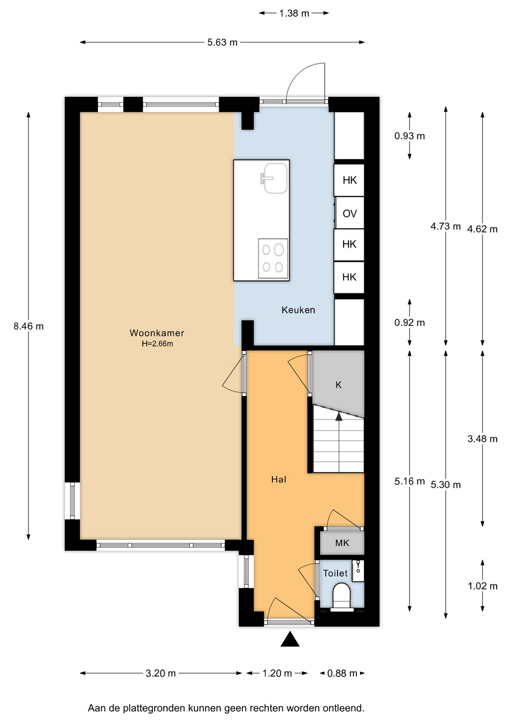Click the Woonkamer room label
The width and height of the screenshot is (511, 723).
[x=157, y=333]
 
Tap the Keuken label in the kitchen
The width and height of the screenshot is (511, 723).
[x=298, y=310]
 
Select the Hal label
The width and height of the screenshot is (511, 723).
[x=279, y=479]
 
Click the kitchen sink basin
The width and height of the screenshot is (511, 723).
[x=275, y=178]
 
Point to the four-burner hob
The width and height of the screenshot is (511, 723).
[x=273, y=258]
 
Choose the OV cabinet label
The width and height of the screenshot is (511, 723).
[x=350, y=214]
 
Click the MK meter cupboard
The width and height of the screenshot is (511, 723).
[x=342, y=543]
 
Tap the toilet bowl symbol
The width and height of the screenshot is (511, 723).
[x=342, y=596]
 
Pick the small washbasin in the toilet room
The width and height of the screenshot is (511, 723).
[x=358, y=570]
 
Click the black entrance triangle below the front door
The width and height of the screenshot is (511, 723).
[x=290, y=639]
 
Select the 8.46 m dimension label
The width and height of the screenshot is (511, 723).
[x=29, y=326]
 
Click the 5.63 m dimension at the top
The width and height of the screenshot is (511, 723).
[x=222, y=42]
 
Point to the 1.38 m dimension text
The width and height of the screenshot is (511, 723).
[x=294, y=13]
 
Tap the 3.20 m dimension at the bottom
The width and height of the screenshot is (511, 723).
[x=161, y=673]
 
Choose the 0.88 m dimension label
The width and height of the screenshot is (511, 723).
[x=342, y=673]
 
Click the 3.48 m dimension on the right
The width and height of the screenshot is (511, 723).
[x=482, y=439]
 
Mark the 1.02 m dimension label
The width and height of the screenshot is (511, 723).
[x=482, y=586]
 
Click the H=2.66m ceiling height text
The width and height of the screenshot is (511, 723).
[x=157, y=343]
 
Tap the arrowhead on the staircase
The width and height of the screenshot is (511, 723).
[x=339, y=416]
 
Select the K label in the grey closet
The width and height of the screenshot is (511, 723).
[x=338, y=385]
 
